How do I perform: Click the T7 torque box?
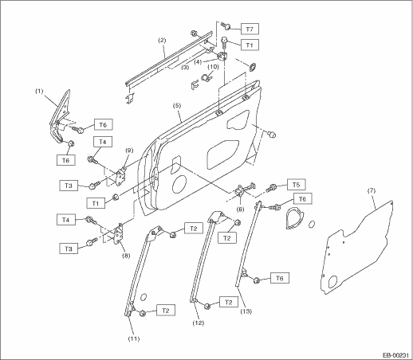point(250,29)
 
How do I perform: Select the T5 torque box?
point(296,185)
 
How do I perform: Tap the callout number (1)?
point(39,92)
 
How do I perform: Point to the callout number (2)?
point(162,41)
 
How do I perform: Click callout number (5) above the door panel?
point(177,105)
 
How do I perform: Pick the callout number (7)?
point(372,190)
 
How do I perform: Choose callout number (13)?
point(246,311)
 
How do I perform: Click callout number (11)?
point(134,338)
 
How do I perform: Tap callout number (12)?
point(199,323)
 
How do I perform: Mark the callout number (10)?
point(213,66)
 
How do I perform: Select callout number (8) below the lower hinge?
point(126,256)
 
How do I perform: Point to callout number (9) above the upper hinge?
point(129,151)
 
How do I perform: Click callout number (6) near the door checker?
point(240,209)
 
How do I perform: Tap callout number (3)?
point(185,67)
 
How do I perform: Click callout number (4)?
point(198,62)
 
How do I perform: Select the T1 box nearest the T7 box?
point(250,45)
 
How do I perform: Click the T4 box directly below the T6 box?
point(103,142)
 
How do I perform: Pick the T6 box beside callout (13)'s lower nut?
point(280,278)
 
